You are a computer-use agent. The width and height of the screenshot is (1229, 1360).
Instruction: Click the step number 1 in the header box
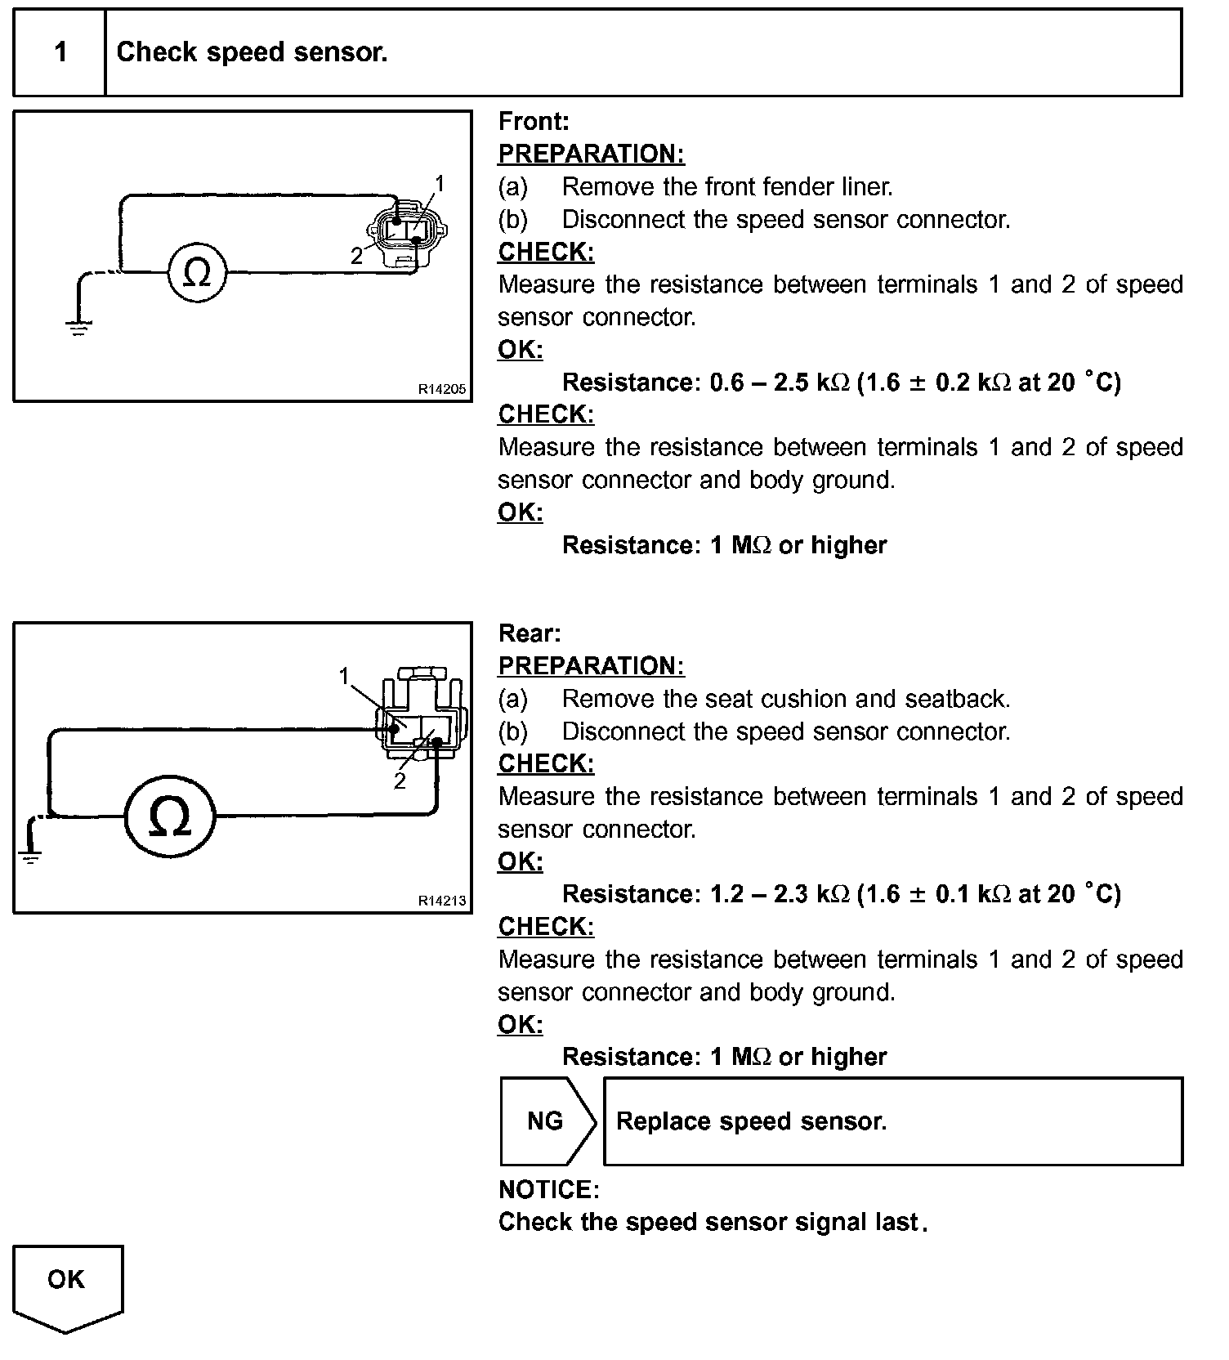click(60, 52)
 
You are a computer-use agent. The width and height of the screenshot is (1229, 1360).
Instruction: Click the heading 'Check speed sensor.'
click(252, 52)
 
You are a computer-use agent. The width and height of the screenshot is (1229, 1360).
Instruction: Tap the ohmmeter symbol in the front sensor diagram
click(197, 272)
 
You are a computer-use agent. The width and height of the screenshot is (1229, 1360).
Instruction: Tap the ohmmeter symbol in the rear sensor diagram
click(170, 816)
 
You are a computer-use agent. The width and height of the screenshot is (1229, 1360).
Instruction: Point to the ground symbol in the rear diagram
click(30, 857)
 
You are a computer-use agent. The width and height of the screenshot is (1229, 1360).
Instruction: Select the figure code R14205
click(441, 389)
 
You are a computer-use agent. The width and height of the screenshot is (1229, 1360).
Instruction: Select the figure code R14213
click(441, 901)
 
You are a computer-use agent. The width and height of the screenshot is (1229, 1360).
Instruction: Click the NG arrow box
click(547, 1121)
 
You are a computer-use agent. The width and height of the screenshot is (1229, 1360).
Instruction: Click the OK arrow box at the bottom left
click(67, 1283)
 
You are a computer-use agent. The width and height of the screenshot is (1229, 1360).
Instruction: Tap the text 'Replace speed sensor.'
click(751, 1121)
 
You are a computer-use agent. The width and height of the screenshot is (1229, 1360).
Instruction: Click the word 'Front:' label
click(534, 122)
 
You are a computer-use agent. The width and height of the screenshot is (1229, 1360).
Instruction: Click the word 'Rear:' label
click(530, 633)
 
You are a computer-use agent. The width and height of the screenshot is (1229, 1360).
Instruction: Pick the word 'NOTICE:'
click(548, 1189)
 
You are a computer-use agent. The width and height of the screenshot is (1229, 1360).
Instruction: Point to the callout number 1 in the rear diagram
click(344, 675)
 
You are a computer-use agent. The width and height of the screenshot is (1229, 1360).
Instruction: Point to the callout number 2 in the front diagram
click(356, 256)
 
